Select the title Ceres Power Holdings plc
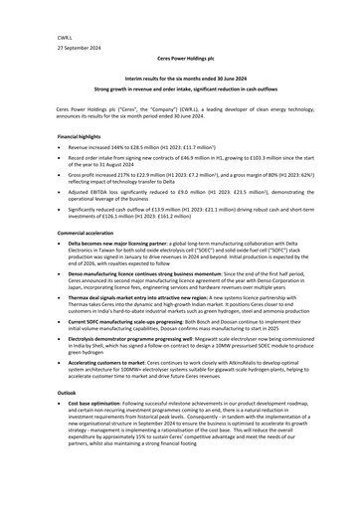(179, 61)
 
